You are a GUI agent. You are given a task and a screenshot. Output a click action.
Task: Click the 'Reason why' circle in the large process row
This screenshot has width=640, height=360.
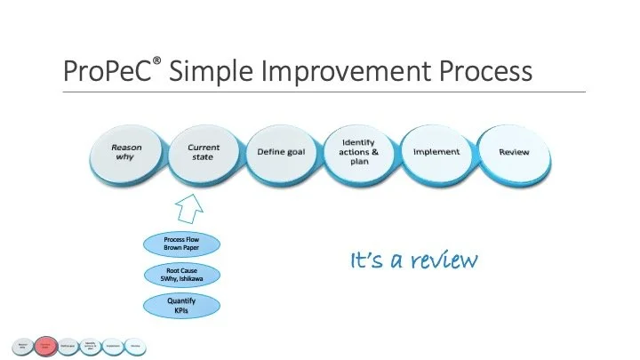coord(125,152)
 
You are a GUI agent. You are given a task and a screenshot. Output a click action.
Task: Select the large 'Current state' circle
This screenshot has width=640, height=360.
coord(204,152)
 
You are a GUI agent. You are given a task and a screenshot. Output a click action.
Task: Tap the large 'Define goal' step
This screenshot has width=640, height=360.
coord(281,152)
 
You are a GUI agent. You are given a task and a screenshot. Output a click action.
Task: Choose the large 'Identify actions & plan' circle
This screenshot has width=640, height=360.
coord(358,152)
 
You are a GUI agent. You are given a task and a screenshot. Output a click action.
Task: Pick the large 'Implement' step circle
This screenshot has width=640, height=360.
coord(436,152)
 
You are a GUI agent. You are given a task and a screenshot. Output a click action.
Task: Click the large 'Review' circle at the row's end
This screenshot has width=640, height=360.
coord(514,152)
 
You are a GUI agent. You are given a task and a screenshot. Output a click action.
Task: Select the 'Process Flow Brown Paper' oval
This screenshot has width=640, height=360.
coord(182,244)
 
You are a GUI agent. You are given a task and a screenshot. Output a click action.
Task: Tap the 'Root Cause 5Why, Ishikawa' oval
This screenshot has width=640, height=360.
coord(182,276)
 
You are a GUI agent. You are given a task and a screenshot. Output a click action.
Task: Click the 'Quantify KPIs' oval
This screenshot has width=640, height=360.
coord(182,306)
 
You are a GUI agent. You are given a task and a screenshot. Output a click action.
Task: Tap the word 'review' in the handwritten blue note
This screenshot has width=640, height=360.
coord(437,260)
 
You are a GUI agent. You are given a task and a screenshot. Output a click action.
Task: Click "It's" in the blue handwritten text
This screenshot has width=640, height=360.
coord(366,260)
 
